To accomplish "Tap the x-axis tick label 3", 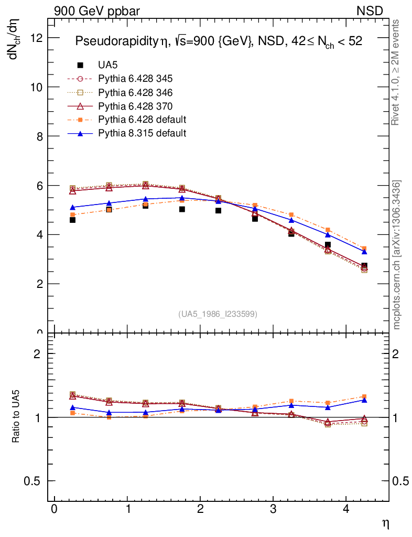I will (273, 510).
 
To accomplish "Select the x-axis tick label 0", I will (54, 510).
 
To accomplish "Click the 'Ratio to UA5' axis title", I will (16, 418).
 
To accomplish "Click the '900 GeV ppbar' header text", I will (97, 10).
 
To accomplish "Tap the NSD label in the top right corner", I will (370, 10).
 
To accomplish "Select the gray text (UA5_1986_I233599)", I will (218, 314).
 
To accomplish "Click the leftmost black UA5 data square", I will (72, 220).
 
